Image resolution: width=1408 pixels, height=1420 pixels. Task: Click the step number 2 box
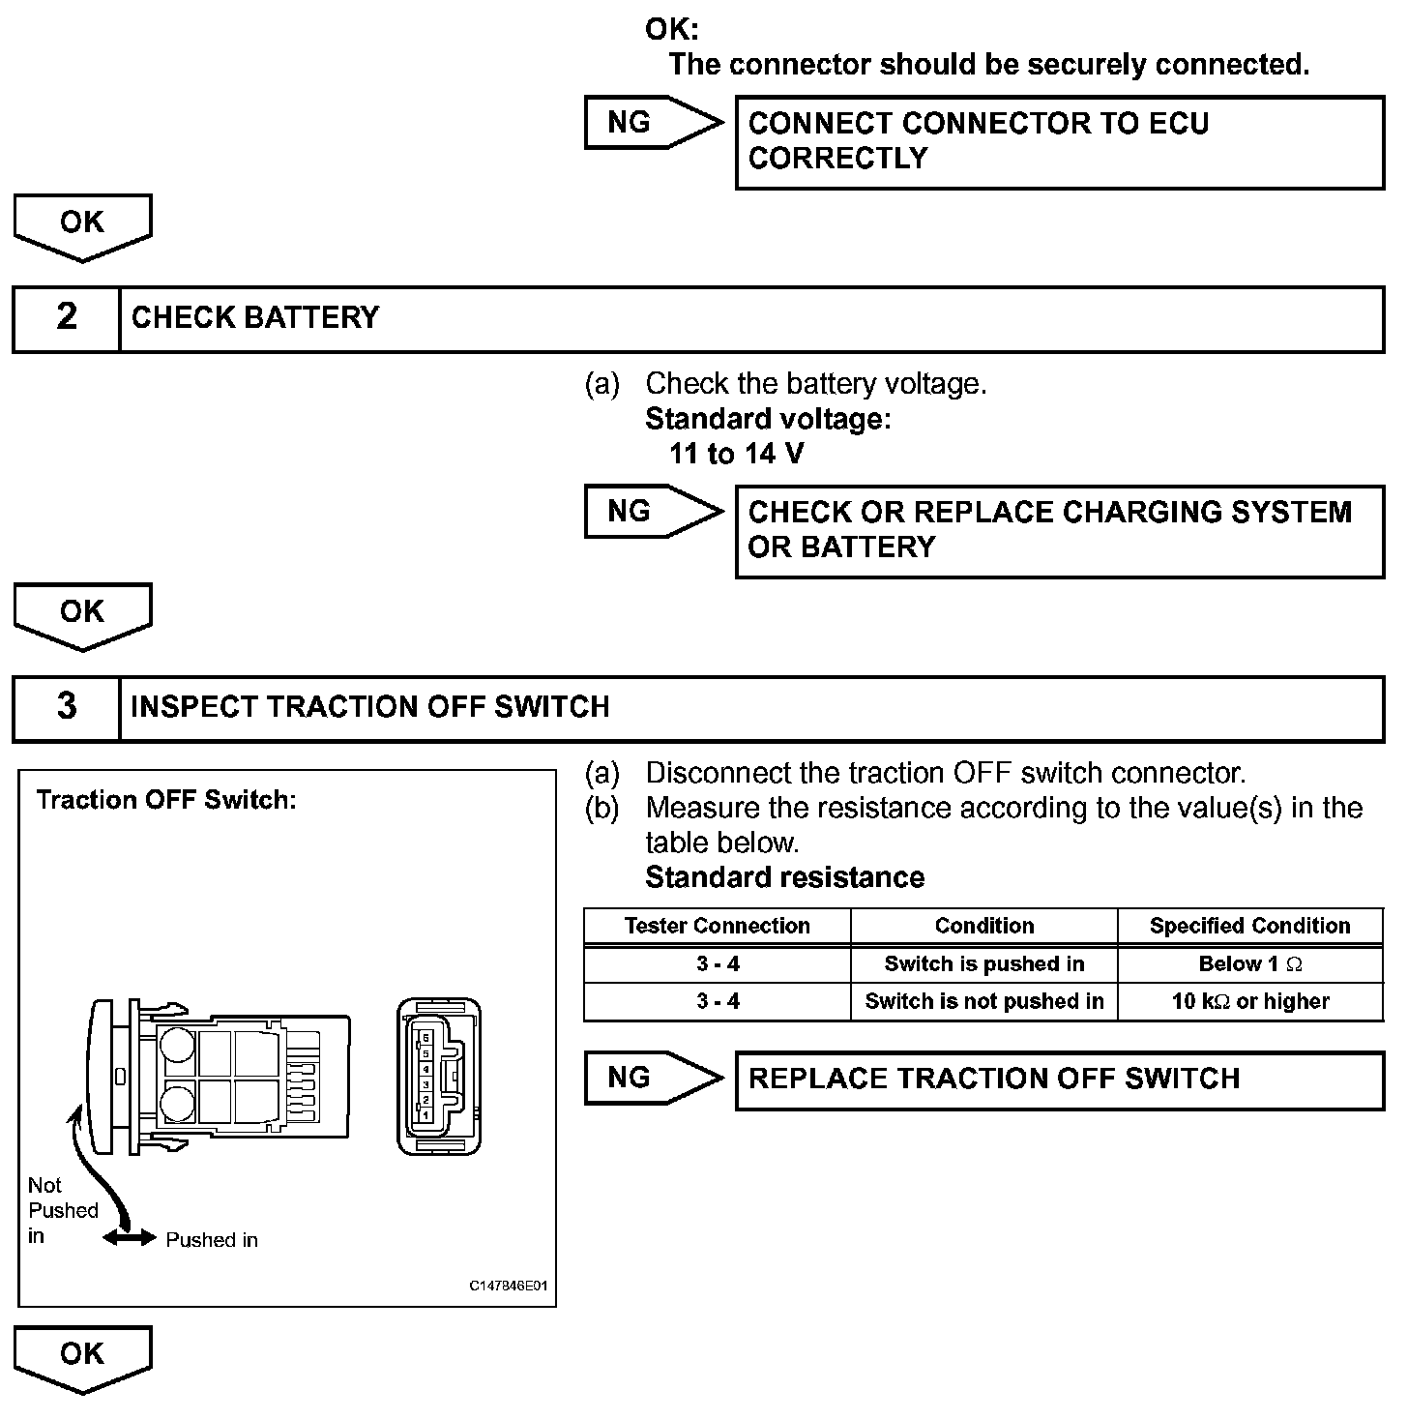pos(66,318)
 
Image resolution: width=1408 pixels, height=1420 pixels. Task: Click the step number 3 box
pos(66,707)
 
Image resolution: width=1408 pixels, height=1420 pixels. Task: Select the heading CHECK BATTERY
pos(255,318)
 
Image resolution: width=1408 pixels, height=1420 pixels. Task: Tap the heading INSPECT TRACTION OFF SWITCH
pos(369,707)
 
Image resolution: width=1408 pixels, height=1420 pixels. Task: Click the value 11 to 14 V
pos(736,454)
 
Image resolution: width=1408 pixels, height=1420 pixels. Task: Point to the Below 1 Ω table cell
pos(1249,963)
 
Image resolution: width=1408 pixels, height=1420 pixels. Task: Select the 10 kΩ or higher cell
pos(1249,1001)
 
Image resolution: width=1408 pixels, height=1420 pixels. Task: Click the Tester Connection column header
pos(717,926)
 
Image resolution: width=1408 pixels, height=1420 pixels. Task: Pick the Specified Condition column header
pos(1249,926)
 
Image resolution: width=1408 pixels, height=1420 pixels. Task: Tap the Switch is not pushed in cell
pos(983,1001)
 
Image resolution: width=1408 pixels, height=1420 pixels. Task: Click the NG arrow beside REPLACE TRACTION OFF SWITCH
pos(653,1078)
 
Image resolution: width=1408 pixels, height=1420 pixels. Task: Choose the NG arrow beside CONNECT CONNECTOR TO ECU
pos(653,123)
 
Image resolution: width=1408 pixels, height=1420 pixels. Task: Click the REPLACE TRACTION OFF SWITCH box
pos(1059,1080)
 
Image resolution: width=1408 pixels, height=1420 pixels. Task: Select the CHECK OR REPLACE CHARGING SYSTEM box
pos(1059,530)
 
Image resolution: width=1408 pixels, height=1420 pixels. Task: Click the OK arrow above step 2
pos(82,226)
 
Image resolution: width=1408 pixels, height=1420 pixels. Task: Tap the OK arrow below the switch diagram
pos(82,1358)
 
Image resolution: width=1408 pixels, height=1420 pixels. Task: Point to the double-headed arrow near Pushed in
pos(130,1238)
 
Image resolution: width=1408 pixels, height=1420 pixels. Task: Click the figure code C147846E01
pos(508,1286)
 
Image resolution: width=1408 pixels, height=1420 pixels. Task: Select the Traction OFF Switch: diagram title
pos(165,800)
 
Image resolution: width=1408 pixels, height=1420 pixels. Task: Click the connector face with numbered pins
pos(438,1077)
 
